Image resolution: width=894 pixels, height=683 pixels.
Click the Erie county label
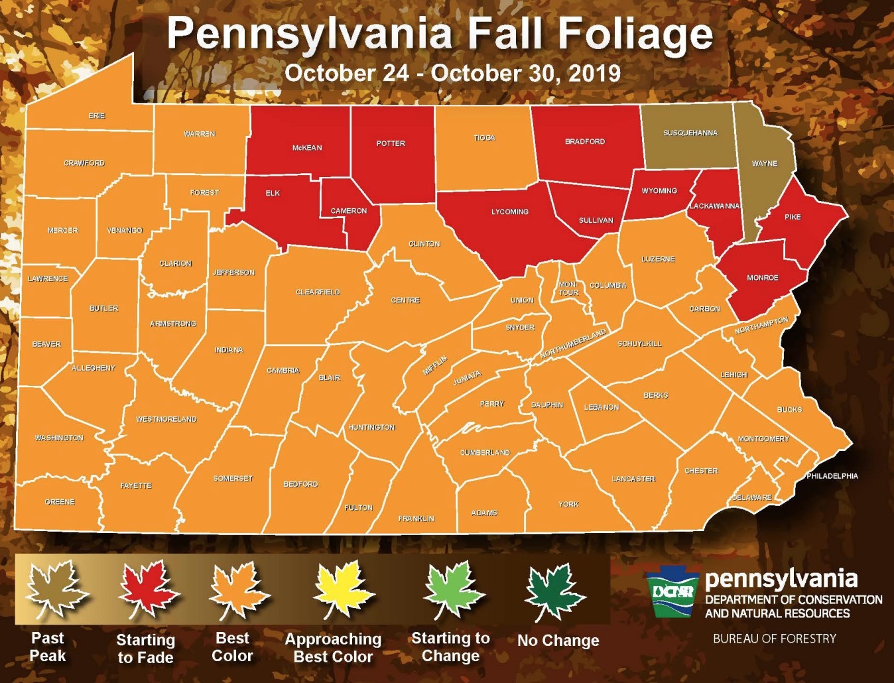[x=97, y=116]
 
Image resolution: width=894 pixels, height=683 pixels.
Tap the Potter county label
[x=391, y=143]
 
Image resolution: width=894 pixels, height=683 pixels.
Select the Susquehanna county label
[x=690, y=133]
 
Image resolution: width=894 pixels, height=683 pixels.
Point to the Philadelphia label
[x=832, y=476]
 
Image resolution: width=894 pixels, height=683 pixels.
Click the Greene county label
[x=60, y=502]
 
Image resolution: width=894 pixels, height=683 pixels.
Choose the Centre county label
[x=405, y=300]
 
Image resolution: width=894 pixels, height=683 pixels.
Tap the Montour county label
[x=568, y=288]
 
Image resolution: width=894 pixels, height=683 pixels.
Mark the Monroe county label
[x=763, y=278]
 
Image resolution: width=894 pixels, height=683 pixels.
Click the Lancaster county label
[x=633, y=479]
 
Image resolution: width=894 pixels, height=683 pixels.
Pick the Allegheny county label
[x=94, y=368]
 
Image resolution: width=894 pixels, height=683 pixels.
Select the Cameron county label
[x=349, y=211]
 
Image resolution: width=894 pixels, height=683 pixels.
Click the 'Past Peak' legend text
[x=48, y=647]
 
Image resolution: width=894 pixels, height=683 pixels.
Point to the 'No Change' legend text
[x=558, y=641]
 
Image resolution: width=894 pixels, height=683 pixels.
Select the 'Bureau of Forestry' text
[x=774, y=639]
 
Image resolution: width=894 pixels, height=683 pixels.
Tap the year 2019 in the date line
[x=594, y=73]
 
